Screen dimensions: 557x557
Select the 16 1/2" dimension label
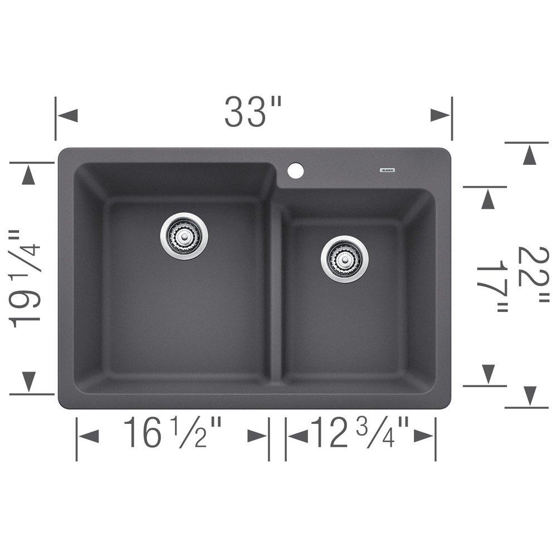173,433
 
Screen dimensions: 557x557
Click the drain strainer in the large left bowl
184,236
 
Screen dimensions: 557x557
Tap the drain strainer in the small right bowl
344,259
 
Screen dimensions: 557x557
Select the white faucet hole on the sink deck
296,170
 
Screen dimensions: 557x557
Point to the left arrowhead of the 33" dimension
67,116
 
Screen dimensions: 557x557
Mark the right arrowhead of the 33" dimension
440,116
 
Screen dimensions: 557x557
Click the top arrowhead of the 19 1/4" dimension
28,175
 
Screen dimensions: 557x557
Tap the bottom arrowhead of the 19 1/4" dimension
28,382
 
